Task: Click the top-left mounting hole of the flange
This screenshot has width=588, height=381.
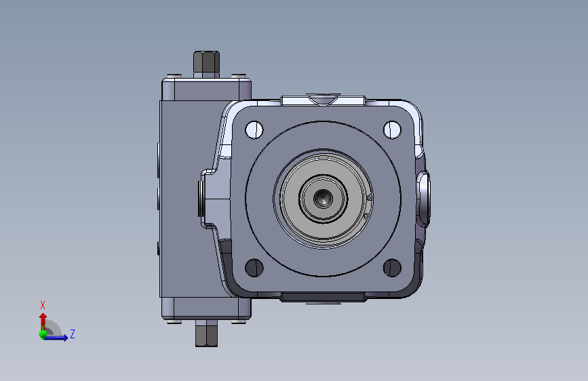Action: [x=254, y=129]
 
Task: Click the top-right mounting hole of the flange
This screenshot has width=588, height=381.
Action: [x=392, y=129]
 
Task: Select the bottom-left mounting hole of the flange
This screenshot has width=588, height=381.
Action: [x=254, y=268]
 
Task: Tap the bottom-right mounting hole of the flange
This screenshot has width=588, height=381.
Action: [x=392, y=268]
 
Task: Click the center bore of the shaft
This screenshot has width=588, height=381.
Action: [x=323, y=199]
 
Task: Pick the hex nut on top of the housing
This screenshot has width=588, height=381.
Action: [x=206, y=62]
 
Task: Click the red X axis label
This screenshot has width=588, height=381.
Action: [x=42, y=305]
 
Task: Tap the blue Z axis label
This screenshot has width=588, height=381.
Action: [x=73, y=334]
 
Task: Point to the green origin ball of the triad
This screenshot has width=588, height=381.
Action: [x=43, y=334]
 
